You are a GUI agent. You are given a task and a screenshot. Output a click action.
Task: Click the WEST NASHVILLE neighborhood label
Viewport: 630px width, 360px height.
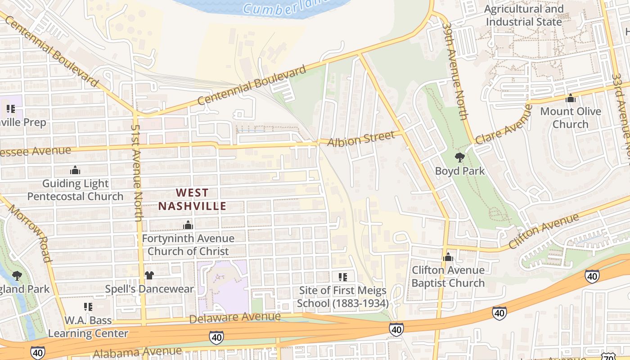tap(192, 200)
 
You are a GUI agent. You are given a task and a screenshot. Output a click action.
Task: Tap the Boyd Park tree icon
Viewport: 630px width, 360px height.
tap(459, 157)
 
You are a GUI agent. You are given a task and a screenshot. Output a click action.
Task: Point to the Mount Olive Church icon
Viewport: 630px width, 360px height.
tap(571, 98)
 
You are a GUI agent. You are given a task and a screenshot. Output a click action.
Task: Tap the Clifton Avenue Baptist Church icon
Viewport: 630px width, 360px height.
tap(448, 257)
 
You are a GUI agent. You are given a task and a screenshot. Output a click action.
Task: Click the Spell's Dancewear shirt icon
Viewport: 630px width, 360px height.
tap(149, 275)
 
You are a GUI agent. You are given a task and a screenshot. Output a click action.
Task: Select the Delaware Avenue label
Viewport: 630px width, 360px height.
tap(234, 318)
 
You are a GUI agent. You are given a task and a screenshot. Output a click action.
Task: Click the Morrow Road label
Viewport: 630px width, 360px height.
tap(29, 234)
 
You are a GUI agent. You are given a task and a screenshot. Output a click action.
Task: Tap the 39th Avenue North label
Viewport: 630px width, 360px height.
tap(456, 79)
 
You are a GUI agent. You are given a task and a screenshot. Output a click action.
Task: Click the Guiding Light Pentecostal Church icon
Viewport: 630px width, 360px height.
tap(75, 170)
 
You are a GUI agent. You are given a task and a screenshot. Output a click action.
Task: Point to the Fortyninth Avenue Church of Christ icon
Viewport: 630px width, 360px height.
tap(188, 225)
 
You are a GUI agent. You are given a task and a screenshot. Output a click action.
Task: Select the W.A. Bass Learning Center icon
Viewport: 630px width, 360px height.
tap(88, 307)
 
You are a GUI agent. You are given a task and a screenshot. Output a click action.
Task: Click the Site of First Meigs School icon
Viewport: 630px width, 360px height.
tap(342, 277)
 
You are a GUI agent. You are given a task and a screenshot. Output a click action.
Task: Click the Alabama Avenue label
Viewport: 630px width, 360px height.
tap(137, 352)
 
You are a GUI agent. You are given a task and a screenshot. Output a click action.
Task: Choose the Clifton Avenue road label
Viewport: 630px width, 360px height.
tap(544, 232)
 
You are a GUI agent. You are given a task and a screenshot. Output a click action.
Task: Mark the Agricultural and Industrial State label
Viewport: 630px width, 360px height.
tap(524, 15)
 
